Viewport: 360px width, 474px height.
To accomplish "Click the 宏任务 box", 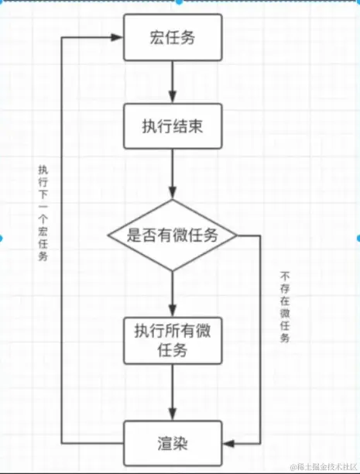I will [x=173, y=38].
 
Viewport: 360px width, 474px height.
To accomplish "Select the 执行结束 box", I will [x=173, y=126].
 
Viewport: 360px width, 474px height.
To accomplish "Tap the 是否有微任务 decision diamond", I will [x=173, y=236].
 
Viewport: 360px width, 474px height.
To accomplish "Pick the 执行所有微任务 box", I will [x=173, y=340].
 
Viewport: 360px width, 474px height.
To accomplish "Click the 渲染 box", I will [x=173, y=444].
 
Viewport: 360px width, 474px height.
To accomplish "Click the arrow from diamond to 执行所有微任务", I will [x=173, y=293].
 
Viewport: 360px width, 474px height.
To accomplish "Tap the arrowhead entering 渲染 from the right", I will [x=227, y=445].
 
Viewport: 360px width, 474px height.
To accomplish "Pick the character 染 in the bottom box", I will [x=183, y=444].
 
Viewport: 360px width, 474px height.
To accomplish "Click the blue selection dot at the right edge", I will [x=357, y=237].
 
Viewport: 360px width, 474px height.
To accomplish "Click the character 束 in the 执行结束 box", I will [x=201, y=126].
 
